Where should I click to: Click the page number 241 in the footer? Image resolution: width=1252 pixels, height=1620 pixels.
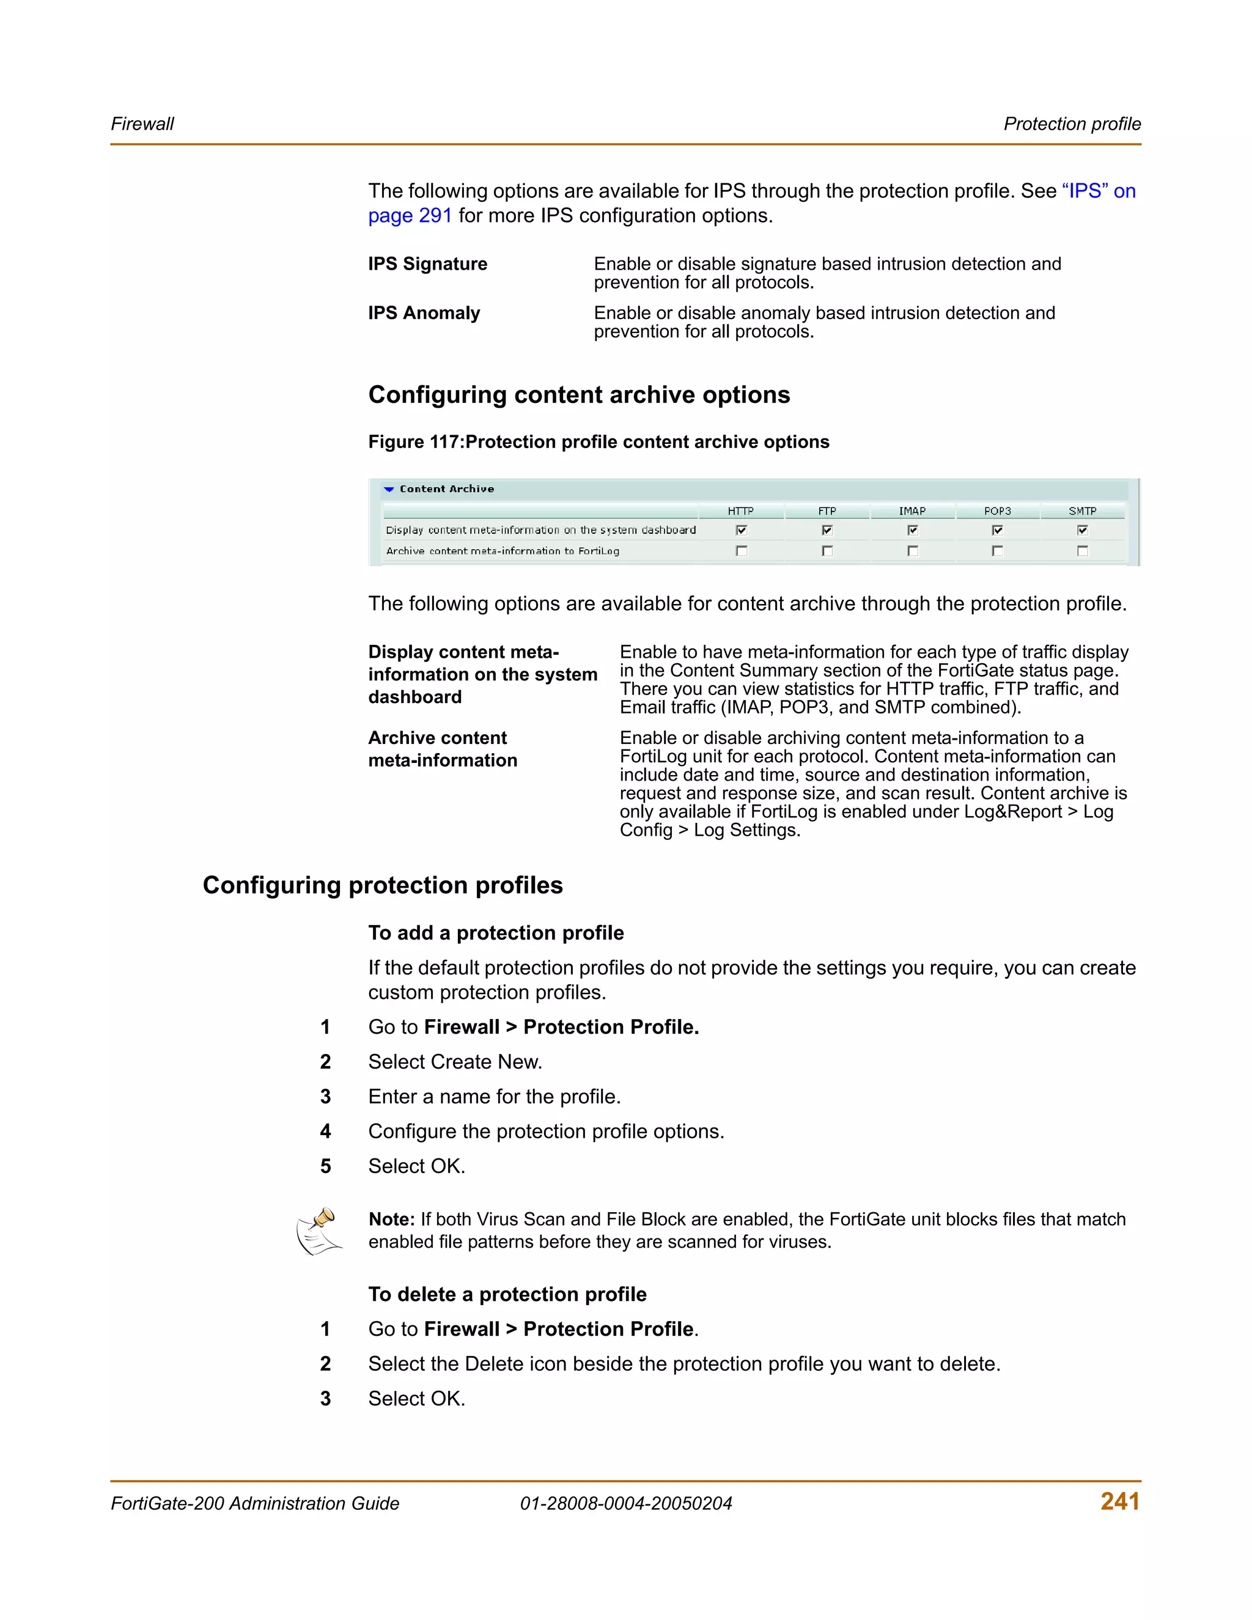click(1119, 1501)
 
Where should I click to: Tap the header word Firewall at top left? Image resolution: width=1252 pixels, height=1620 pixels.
click(142, 124)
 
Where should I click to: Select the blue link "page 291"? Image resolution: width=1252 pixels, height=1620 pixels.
click(410, 216)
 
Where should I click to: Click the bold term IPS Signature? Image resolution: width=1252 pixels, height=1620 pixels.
click(427, 264)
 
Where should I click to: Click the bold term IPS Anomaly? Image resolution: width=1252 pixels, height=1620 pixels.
click(424, 313)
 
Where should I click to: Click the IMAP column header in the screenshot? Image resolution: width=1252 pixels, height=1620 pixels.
click(911, 511)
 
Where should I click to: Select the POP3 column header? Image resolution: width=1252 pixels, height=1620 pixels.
click(997, 511)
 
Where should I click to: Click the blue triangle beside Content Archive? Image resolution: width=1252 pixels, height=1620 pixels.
click(389, 490)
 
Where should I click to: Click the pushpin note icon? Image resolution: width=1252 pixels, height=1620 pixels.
click(320, 1231)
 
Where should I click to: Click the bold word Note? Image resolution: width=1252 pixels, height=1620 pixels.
click(391, 1220)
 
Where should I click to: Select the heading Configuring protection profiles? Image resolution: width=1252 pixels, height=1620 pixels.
click(382, 885)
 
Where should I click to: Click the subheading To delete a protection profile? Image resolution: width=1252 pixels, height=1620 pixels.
click(507, 1294)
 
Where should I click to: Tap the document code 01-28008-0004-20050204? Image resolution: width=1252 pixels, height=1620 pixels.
click(625, 1504)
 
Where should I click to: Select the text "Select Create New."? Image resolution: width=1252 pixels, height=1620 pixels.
click(455, 1062)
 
